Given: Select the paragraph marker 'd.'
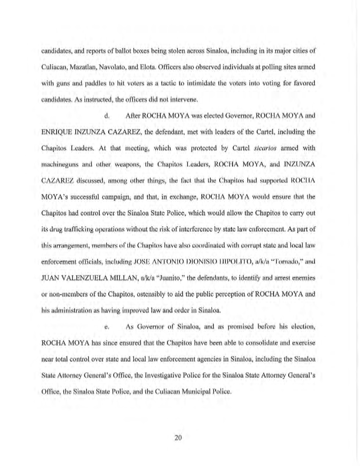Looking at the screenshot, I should (106, 115).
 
